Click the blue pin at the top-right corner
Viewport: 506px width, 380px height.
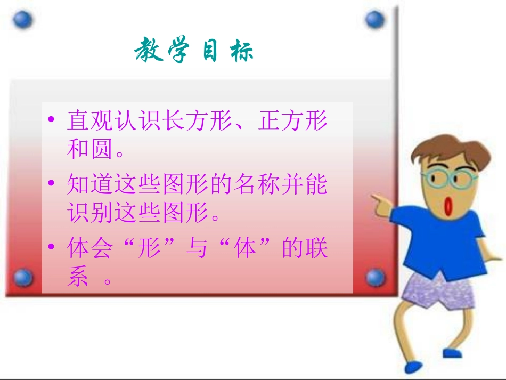click(x=374, y=20)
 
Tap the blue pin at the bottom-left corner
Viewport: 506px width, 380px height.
click(x=22, y=278)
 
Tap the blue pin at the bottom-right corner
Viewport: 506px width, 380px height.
click(x=376, y=277)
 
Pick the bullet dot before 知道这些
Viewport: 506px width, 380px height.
click(x=51, y=183)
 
